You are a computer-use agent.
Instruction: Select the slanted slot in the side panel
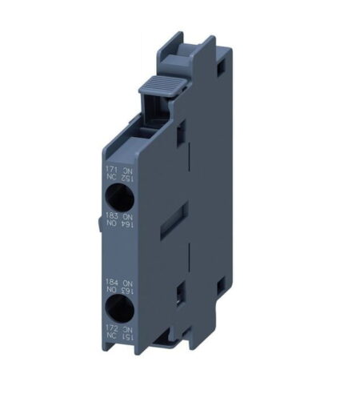pyautogui.click(x=174, y=219)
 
